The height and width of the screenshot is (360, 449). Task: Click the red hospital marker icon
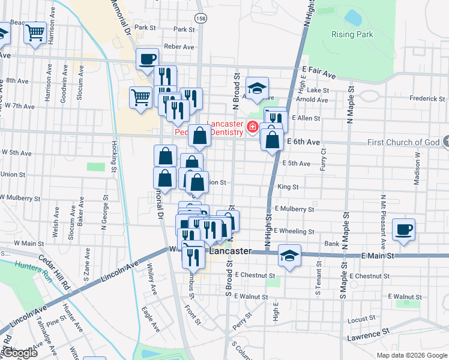252,127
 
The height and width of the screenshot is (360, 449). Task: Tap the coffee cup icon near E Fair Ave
148,59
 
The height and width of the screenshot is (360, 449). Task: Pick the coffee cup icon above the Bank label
403,229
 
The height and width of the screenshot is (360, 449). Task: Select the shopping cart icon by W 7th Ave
140,96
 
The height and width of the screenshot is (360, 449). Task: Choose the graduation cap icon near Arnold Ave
257,88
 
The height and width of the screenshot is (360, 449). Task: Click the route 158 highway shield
201,19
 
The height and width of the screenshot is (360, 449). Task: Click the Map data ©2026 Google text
412,355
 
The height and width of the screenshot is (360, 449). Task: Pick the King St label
288,187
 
